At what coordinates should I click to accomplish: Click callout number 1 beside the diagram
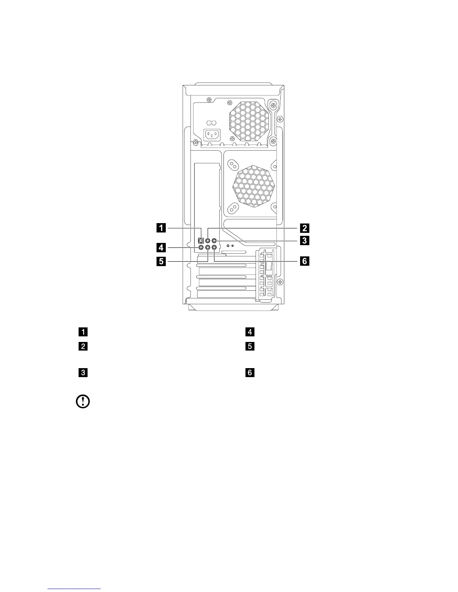click(161, 227)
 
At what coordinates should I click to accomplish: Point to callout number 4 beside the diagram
click(161, 247)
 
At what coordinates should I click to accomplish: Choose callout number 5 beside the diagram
click(161, 261)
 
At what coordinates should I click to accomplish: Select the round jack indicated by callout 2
click(208, 241)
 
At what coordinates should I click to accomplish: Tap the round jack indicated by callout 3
click(214, 241)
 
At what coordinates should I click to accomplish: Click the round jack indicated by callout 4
click(201, 247)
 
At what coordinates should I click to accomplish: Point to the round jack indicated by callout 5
click(208, 247)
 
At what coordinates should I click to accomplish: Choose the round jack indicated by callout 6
click(214, 247)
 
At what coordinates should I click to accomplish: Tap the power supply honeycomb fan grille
click(248, 122)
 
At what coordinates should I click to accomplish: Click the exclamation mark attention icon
click(82, 402)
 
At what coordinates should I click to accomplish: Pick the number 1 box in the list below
click(83, 332)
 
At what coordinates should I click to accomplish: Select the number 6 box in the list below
click(250, 373)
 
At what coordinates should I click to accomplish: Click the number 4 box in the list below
click(250, 332)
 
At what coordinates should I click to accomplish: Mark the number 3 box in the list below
click(83, 373)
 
